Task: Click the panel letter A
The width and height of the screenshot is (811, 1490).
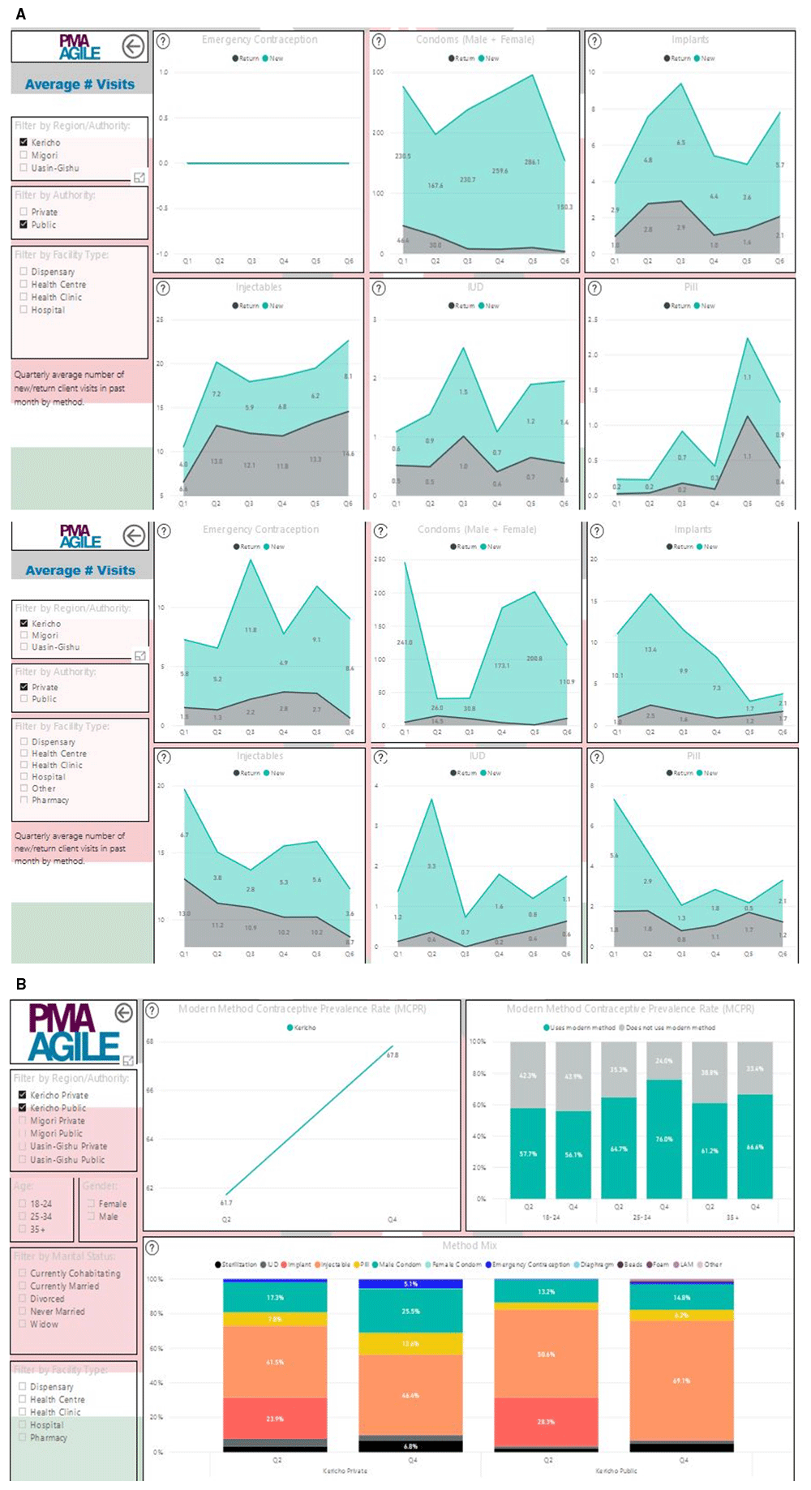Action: click(x=20, y=14)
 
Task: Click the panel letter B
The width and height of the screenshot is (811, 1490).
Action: click(x=20, y=984)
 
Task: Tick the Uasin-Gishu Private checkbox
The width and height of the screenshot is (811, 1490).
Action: click(x=23, y=1147)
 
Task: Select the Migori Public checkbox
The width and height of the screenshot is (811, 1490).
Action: click(x=23, y=1134)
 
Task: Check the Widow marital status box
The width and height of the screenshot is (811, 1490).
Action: click(x=23, y=1325)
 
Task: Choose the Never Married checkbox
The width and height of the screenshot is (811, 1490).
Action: click(x=23, y=1312)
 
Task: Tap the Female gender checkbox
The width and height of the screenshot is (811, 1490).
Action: click(x=91, y=1204)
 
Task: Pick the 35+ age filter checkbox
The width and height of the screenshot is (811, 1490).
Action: click(x=23, y=1230)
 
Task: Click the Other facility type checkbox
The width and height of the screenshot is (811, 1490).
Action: click(x=24, y=788)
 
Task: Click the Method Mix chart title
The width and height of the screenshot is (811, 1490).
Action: click(x=470, y=1246)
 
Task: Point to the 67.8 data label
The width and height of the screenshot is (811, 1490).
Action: click(x=393, y=1055)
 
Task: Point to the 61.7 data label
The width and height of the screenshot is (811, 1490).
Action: click(x=226, y=1203)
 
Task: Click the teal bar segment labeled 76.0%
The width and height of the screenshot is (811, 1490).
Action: click(x=663, y=1140)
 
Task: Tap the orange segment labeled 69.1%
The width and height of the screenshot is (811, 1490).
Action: click(x=681, y=1381)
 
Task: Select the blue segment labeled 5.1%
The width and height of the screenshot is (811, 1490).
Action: click(x=410, y=1284)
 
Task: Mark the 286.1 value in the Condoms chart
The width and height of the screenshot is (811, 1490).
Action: click(x=532, y=162)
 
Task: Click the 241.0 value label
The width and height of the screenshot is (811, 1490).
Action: click(x=405, y=642)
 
